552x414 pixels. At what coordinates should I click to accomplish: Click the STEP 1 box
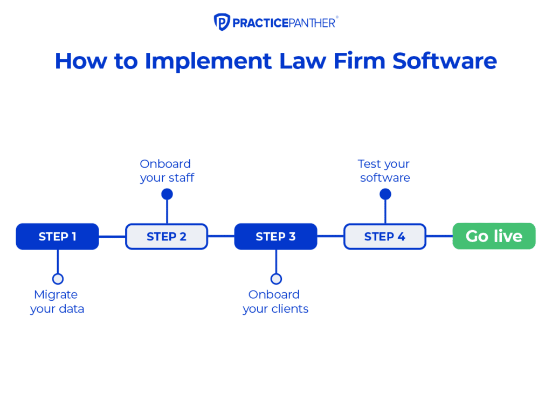pos(57,237)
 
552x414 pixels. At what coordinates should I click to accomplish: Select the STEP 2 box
pos(167,237)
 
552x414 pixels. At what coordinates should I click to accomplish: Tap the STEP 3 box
pos(275,237)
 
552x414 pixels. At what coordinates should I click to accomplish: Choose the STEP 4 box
pos(385,237)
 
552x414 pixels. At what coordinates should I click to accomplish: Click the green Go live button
pos(494,236)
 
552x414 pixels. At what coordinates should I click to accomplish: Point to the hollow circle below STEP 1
pos(58,279)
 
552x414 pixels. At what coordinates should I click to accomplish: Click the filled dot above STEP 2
pos(167,194)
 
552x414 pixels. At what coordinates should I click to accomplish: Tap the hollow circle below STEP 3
pos(276,279)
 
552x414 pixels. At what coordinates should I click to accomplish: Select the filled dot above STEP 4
pos(385,194)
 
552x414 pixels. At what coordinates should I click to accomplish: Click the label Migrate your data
pos(57,302)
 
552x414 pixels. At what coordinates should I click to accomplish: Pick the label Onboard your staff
pos(167,170)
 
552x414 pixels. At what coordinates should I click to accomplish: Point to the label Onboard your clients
pos(275,302)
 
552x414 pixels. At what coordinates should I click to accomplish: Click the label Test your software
pos(384,170)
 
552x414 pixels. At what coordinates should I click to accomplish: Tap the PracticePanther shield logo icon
pos(222,22)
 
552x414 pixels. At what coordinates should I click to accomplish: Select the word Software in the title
pos(444,61)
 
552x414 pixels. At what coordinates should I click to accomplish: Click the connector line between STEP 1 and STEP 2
pos(112,237)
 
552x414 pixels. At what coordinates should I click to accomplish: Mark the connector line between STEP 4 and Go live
pos(439,237)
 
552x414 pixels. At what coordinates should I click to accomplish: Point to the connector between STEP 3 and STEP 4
pos(330,237)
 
